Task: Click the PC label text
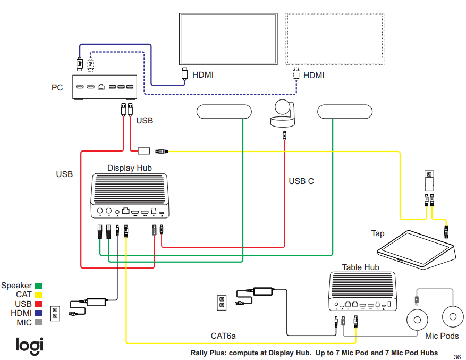tap(57, 87)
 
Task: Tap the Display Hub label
tap(129, 168)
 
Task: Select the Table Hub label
tap(360, 267)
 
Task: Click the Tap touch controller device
tap(415, 248)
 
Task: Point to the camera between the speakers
tap(284, 114)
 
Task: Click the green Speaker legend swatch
tap(38, 286)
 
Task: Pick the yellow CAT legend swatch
tap(38, 295)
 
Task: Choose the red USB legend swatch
tap(38, 304)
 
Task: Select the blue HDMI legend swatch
tap(38, 313)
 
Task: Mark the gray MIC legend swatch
tap(38, 322)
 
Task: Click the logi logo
tap(29, 345)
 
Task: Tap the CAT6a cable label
tap(223, 336)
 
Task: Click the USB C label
tap(301, 181)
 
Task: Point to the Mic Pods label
tap(442, 336)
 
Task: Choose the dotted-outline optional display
tap(335, 39)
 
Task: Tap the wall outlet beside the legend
tap(54, 313)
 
